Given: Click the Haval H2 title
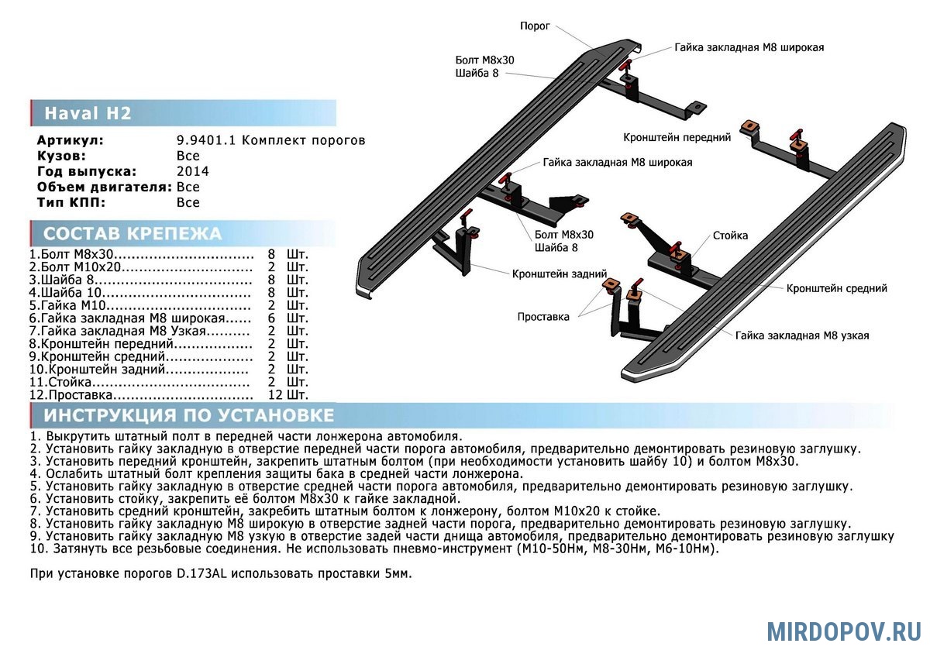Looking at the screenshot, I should (x=88, y=114).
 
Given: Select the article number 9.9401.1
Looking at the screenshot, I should (x=207, y=140).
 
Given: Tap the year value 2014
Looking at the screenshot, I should (x=193, y=171).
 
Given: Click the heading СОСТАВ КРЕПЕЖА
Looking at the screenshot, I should (x=133, y=234).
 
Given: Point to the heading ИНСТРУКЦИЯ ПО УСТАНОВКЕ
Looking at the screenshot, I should (x=189, y=415).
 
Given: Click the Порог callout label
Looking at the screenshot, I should (x=535, y=26).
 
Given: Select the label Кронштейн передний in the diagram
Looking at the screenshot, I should (x=677, y=137).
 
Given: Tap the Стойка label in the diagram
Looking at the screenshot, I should (x=730, y=234).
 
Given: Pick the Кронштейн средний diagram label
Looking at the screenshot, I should (x=836, y=288).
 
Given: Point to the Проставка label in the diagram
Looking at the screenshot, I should (x=543, y=316).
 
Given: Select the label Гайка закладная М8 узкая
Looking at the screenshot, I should (x=802, y=335).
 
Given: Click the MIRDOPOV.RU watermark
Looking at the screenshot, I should (x=843, y=631).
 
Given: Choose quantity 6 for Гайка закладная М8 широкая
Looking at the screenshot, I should (x=271, y=318).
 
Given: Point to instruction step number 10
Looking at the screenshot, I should (x=39, y=549).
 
